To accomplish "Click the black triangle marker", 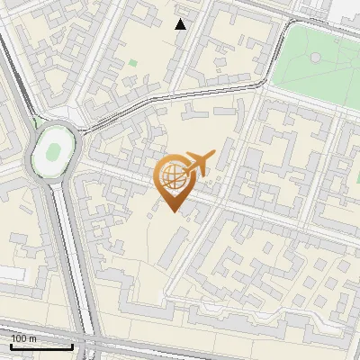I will coord(181,24).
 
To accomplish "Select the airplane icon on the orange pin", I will coord(199,164).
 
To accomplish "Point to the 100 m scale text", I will coord(23,337).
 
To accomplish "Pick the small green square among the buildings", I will coord(133,63).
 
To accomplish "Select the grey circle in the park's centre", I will coord(316,58).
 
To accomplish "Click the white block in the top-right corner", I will coord(346,8).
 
